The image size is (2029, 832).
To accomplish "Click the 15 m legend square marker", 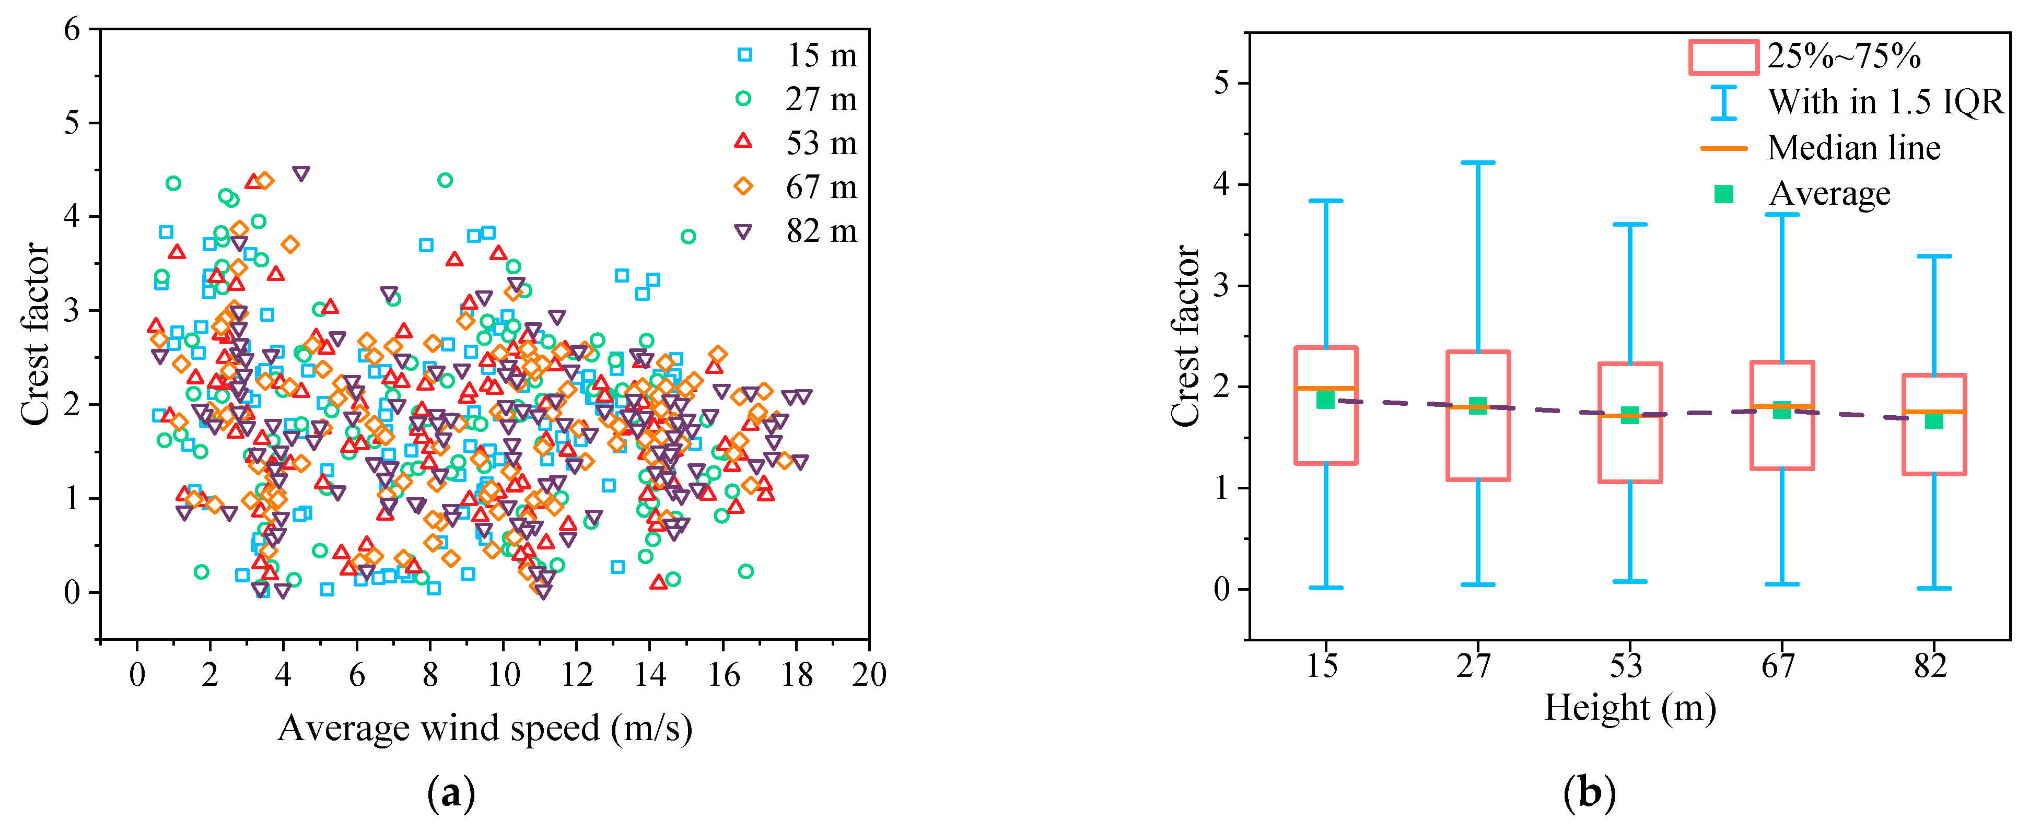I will click(743, 54).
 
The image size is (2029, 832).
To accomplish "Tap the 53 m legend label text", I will click(821, 143).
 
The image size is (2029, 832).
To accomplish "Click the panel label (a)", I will click(450, 793).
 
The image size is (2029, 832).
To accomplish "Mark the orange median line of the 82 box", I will click(1934, 412).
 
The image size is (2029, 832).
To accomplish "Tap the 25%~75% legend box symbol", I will click(1723, 57).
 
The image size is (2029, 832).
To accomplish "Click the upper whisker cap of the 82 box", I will click(1934, 256).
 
